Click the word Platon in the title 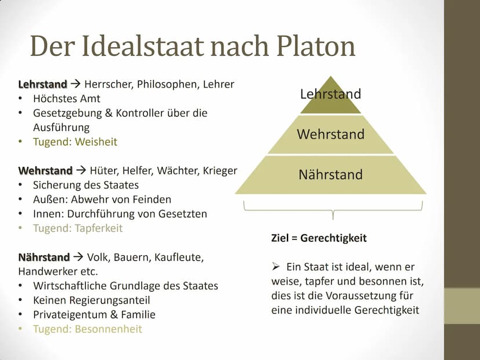point(315,46)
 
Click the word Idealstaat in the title point(143,46)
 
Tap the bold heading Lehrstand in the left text point(42,84)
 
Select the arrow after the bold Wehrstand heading point(81,170)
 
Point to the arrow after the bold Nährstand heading point(78,257)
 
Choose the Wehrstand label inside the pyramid point(330,134)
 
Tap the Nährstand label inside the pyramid point(330,174)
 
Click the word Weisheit point(96,141)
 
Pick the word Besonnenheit point(108,329)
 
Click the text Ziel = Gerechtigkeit point(319,238)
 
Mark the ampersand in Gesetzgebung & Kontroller point(108,113)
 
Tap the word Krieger point(220,170)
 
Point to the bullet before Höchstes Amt point(20,99)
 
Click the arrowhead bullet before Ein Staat point(275,267)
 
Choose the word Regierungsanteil point(110,300)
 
